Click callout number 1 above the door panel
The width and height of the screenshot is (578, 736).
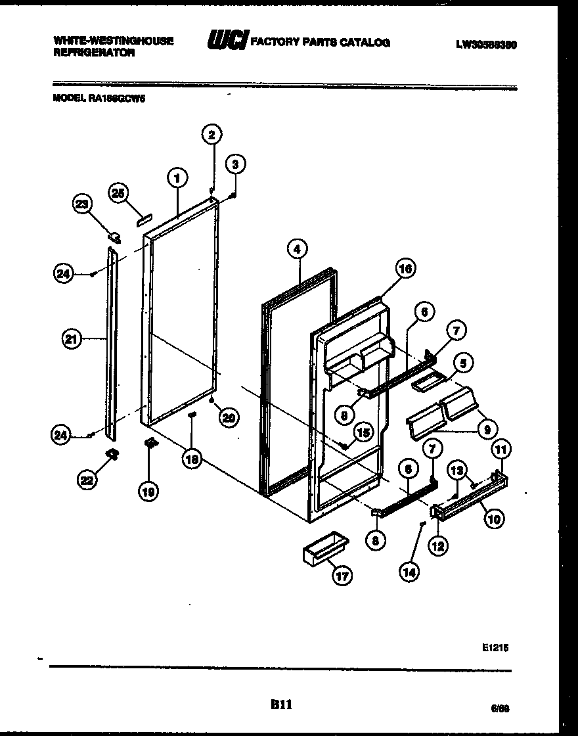(177, 177)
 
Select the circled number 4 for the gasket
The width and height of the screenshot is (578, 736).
(298, 249)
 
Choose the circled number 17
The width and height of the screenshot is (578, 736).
(342, 576)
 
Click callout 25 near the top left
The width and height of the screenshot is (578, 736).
(118, 193)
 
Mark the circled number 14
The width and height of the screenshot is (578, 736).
(409, 572)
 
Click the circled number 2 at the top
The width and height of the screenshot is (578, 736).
(211, 135)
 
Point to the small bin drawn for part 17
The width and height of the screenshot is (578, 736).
(324, 547)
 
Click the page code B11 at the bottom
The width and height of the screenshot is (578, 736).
(280, 704)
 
